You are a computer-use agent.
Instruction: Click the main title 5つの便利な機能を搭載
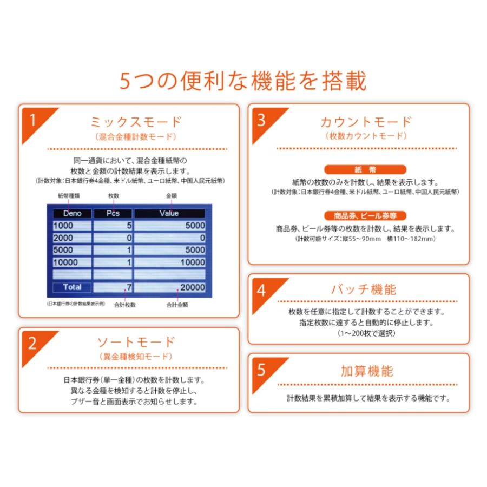click(x=243, y=81)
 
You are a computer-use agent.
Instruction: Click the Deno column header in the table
click(x=72, y=213)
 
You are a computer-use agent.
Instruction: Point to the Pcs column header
click(x=113, y=213)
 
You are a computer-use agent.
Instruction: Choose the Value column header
click(x=169, y=213)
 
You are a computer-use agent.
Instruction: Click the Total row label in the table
click(x=72, y=287)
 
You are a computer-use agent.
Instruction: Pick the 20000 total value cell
click(x=169, y=287)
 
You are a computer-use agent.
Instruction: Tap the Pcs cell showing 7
click(x=113, y=287)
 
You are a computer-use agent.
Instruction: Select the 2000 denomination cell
click(x=72, y=238)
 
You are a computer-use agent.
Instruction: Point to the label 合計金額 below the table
click(x=177, y=305)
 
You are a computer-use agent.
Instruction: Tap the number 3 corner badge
click(x=261, y=120)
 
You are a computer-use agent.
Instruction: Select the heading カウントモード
click(x=366, y=121)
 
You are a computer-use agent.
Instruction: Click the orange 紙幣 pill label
click(x=366, y=169)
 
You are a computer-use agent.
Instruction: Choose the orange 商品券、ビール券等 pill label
click(x=366, y=216)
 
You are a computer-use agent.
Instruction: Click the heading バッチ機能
click(x=364, y=289)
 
